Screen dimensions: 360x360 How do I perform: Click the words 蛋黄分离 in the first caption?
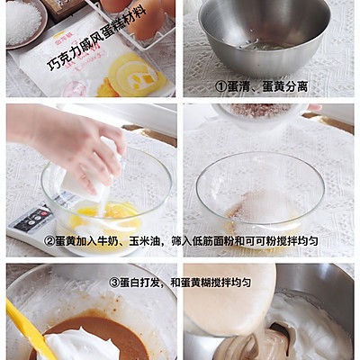pyautogui.click(x=287, y=86)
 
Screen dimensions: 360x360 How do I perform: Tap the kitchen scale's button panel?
pyautogui.click(x=31, y=220)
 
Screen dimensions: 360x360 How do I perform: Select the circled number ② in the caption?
pyautogui.click(x=50, y=242)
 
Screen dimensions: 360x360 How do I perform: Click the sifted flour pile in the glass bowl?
pyautogui.click(x=261, y=207)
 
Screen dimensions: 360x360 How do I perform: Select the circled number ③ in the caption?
pyautogui.click(x=113, y=282)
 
